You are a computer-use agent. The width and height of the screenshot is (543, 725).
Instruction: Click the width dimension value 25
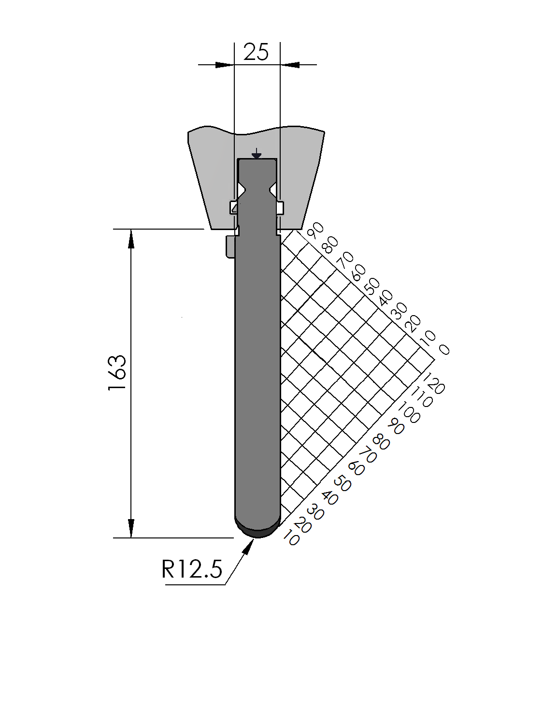pyautogui.click(x=256, y=52)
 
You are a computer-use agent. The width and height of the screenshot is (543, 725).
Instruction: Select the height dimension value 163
pyautogui.click(x=117, y=373)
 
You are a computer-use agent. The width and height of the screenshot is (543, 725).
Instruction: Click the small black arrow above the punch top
pyautogui.click(x=256, y=154)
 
